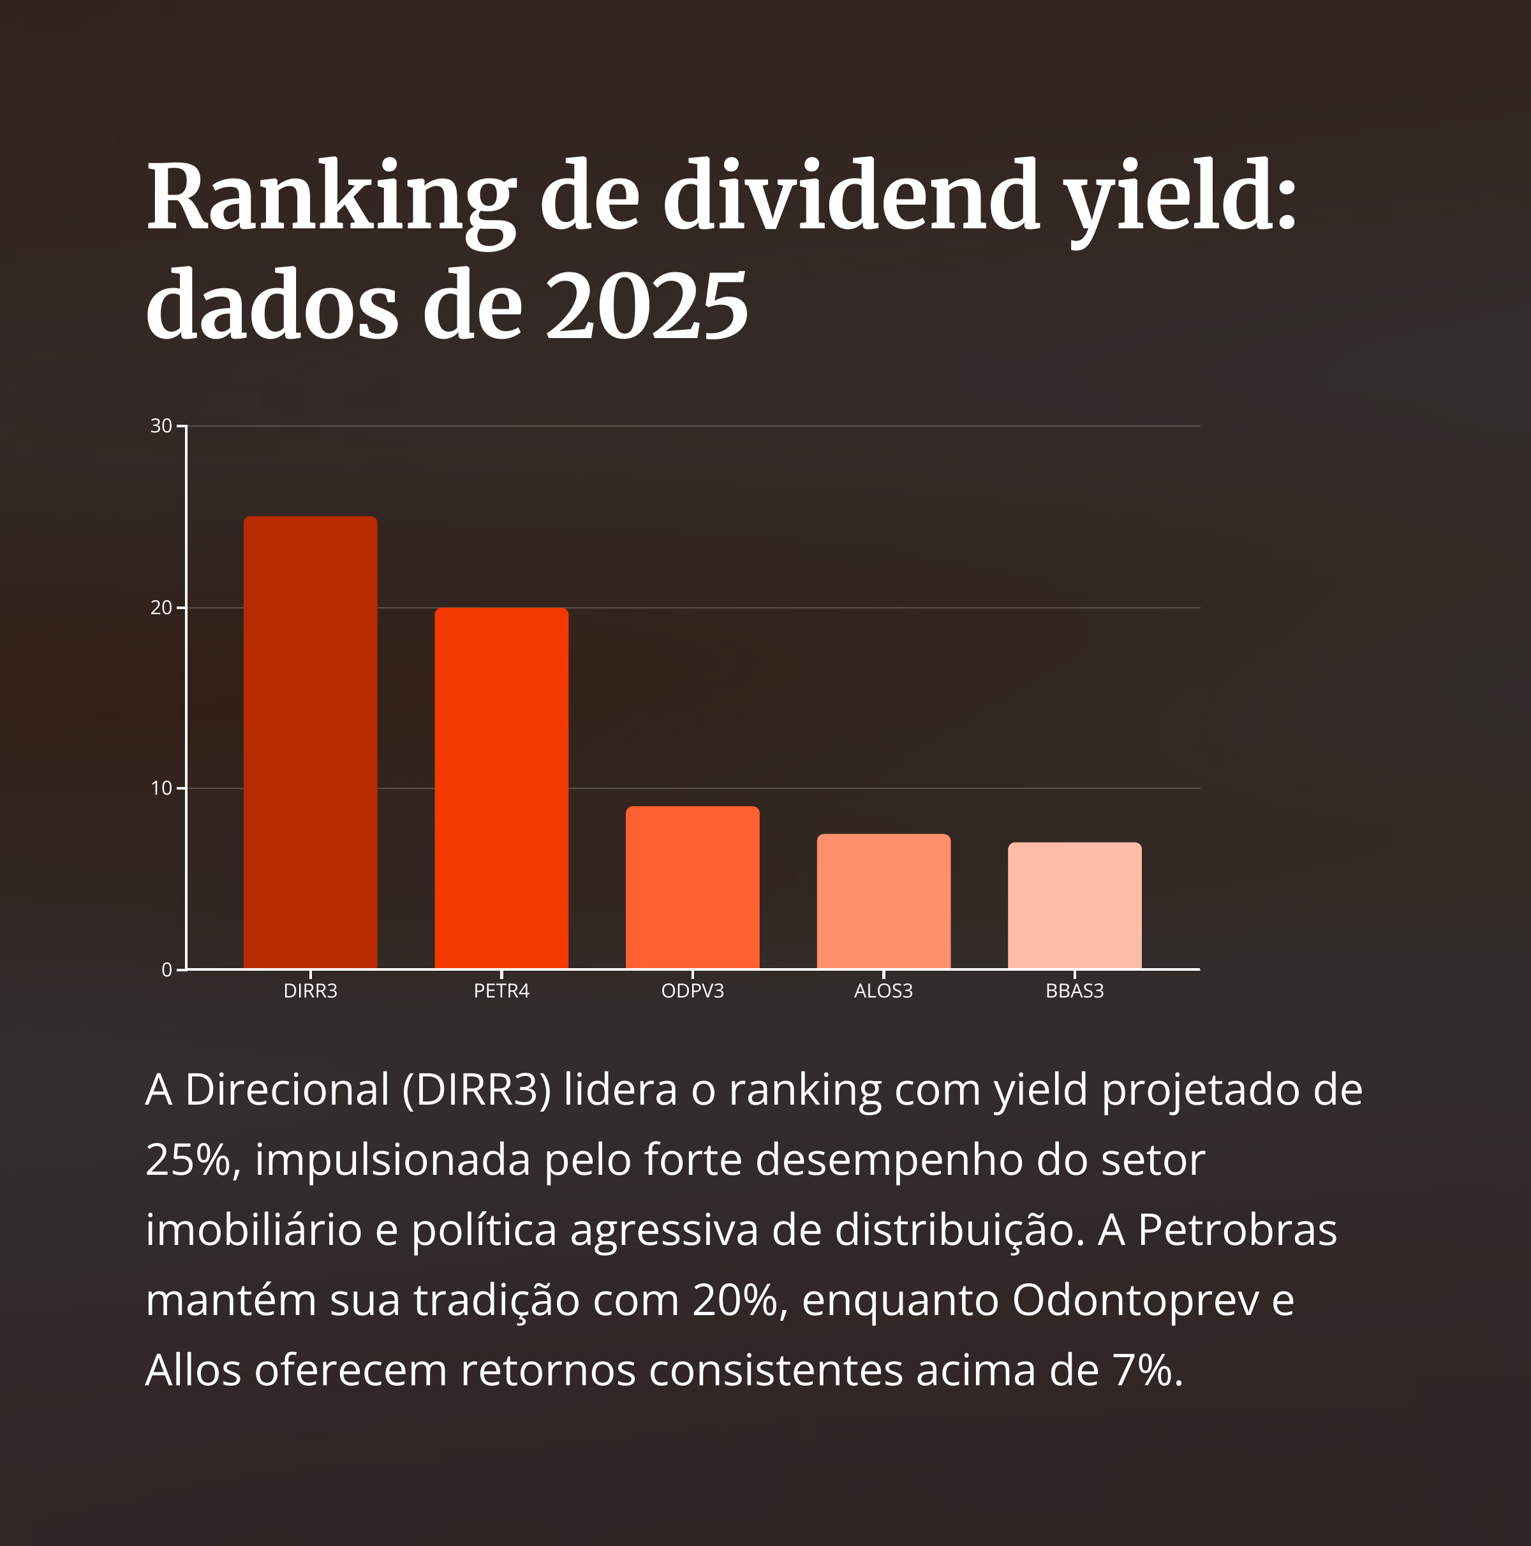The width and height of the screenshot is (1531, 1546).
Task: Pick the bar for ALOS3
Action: (884, 901)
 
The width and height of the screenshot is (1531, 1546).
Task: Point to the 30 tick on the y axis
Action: (161, 425)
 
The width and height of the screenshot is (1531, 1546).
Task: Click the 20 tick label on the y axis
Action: (161, 607)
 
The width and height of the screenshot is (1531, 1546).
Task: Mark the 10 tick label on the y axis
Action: (161, 788)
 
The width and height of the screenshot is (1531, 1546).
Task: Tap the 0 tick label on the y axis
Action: (166, 970)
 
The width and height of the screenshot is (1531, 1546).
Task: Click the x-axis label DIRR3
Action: (310, 990)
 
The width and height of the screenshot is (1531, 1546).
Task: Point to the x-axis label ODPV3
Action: (692, 990)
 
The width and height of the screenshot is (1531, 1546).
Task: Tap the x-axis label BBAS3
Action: (1074, 990)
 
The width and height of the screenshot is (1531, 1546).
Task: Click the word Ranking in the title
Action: (330, 198)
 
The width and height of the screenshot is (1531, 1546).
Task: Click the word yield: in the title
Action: (1183, 198)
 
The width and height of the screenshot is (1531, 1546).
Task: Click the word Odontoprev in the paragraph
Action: (1135, 1300)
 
